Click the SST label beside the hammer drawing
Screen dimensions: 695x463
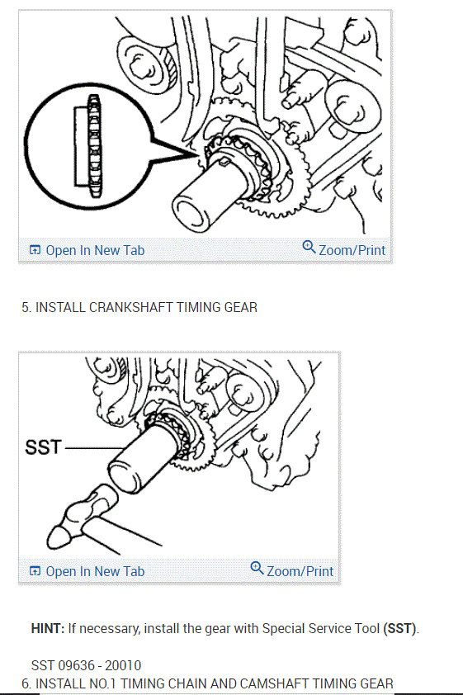tap(44, 447)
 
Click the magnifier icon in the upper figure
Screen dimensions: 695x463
tap(309, 247)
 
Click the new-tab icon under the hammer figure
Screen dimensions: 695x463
tap(35, 571)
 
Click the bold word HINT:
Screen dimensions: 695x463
tap(47, 628)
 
